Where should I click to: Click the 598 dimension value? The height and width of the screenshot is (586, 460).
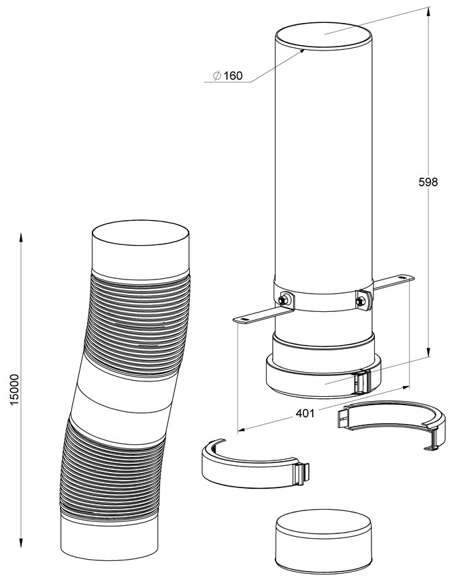pos(428,182)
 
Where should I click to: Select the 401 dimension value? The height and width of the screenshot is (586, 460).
pos(305,413)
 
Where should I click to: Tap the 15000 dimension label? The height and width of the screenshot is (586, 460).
pos(15,390)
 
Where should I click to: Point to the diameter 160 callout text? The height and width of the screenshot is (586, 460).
pos(228,76)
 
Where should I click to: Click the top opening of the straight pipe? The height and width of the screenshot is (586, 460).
pos(324,37)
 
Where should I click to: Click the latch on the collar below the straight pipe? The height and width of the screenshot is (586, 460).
pos(361,382)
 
